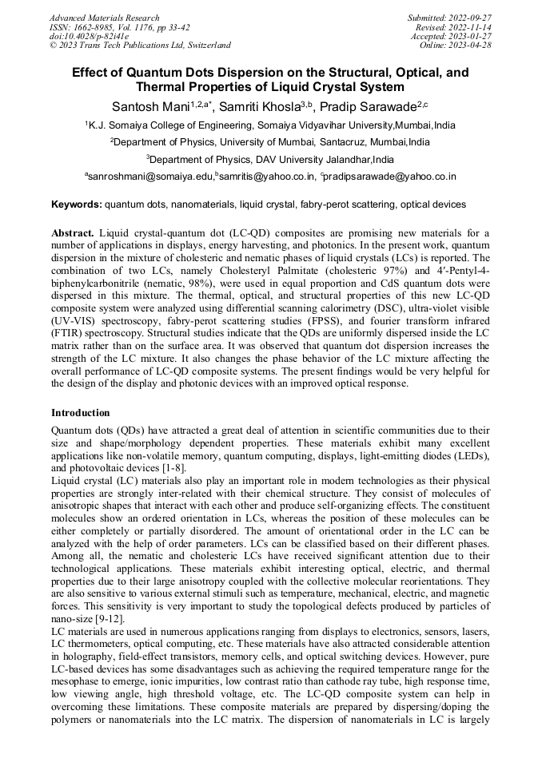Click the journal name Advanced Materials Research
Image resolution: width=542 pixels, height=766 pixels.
[104, 18]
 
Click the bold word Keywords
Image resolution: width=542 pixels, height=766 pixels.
[77, 204]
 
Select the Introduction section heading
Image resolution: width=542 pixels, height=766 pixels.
[81, 413]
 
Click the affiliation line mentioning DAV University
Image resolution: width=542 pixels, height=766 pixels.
[270, 159]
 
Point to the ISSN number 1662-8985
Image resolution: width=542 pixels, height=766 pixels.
[95, 26]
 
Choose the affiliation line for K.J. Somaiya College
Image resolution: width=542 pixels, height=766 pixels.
[270, 125]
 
